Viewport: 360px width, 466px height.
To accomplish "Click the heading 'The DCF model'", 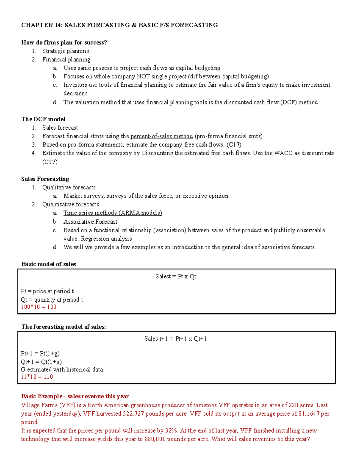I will (x=43, y=119).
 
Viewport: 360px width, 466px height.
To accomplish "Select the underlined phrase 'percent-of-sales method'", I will (x=162, y=136).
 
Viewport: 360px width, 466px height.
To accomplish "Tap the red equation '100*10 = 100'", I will (x=38, y=307).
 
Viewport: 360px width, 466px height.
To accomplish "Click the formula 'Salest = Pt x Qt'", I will (x=176, y=276).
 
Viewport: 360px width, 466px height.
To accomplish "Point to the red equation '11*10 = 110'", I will (x=37, y=377).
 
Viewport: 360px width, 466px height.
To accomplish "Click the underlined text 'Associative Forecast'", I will (x=90, y=222).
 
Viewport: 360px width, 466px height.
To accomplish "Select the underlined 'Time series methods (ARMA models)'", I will (x=112, y=213).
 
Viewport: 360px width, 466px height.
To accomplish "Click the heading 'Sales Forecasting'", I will (x=45, y=179).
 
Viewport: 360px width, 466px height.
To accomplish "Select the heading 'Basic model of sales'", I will (x=49, y=264).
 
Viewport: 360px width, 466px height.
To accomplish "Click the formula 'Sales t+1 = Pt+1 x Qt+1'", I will (x=175, y=339).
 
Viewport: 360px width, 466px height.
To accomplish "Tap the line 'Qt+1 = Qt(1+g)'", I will (x=41, y=362).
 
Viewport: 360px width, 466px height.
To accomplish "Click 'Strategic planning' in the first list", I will (x=66, y=51).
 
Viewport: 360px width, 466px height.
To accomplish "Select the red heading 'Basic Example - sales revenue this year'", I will (x=75, y=396).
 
